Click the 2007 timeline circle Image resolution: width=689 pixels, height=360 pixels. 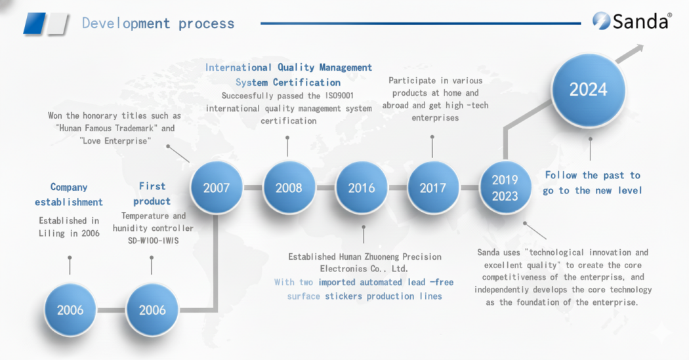point(216,188)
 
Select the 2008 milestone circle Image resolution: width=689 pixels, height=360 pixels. point(289,188)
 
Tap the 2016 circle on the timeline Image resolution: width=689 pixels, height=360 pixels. point(361,188)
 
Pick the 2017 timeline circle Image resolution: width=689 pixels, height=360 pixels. point(433,188)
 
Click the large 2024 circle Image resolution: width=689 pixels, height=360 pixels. point(589,90)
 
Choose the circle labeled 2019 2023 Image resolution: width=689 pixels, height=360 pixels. point(505,188)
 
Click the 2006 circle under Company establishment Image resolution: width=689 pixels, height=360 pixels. point(70,310)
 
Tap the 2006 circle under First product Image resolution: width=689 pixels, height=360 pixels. point(152,310)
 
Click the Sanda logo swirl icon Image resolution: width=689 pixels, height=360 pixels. point(600,20)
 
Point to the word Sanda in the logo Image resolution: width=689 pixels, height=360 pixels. point(640,22)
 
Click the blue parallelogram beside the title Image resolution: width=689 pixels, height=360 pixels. point(34,23)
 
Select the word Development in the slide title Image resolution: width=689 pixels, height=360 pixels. point(126,23)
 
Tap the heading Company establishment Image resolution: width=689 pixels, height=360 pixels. point(69,195)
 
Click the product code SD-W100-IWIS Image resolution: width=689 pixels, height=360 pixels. point(153,241)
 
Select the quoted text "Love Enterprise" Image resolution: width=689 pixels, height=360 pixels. point(115,141)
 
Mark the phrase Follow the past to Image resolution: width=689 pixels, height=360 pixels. point(593,175)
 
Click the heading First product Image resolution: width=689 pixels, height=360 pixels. point(152,193)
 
